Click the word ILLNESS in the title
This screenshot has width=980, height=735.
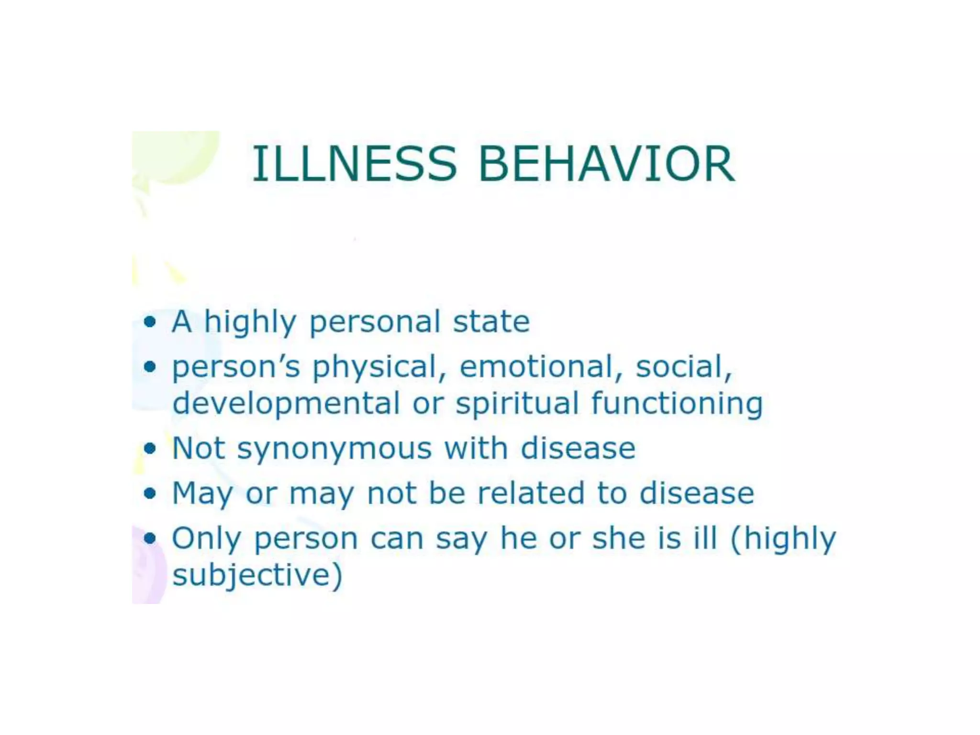pos(354,164)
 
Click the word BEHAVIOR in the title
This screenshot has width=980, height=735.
pos(606,164)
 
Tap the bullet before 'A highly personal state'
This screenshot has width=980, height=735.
pos(150,321)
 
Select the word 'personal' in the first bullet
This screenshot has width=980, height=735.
pos(375,322)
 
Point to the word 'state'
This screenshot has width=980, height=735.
pos(491,321)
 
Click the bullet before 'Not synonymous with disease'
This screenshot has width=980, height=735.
pos(150,448)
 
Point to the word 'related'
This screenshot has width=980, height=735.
pos(531,493)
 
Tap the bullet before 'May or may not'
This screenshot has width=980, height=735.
pos(150,493)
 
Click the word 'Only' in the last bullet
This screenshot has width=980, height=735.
pos(206,539)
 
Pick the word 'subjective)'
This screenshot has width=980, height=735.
pos(257,576)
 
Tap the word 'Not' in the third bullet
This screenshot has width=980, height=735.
pos(198,448)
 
